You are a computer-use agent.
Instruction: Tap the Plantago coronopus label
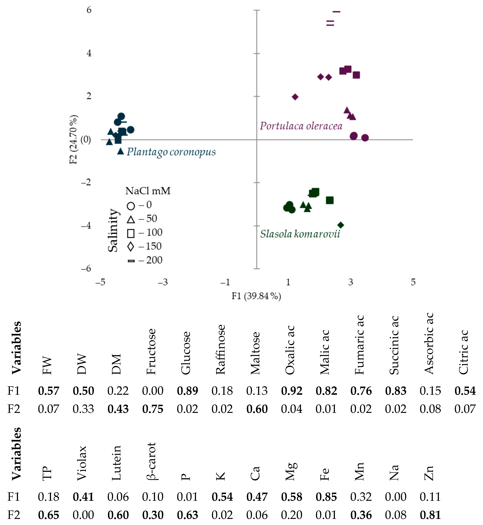pos(171,152)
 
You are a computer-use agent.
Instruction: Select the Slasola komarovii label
pos(300,234)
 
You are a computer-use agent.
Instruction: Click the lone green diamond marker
pos(341,225)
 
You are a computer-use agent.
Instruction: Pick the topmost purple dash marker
pos(336,12)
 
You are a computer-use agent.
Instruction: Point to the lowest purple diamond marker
pos(295,97)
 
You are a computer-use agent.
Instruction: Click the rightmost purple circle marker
pos(365,138)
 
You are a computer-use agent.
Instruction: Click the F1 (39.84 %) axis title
pos(256,296)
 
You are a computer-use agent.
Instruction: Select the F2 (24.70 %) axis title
pos(74,139)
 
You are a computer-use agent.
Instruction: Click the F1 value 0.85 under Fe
pos(326,497)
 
